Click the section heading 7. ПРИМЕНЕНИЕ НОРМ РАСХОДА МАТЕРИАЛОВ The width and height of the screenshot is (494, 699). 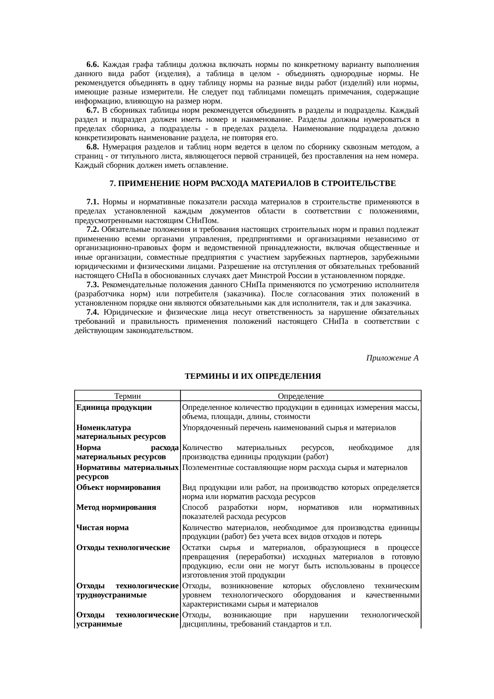(253, 184)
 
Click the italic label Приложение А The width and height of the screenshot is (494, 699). (392, 358)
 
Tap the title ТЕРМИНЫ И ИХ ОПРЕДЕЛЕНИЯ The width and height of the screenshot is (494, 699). (253, 376)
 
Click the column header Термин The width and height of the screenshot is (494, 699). (127, 396)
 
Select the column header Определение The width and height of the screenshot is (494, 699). (300, 396)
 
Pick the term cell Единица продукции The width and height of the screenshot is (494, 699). (114, 407)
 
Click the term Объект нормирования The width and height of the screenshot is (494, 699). (118, 488)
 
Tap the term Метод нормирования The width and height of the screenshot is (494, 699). (116, 507)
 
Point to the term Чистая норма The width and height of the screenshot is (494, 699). (102, 528)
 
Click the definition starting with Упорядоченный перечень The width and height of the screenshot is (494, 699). (289, 428)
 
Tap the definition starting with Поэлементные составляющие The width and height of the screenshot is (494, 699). (294, 468)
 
